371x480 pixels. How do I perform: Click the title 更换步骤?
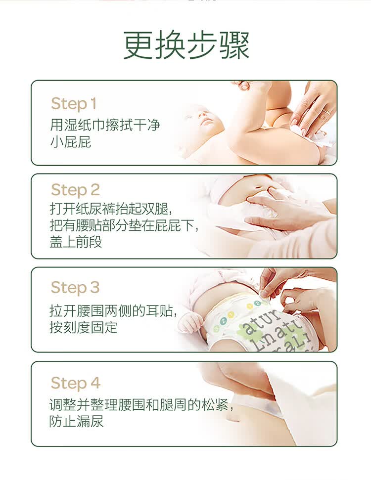click(186, 45)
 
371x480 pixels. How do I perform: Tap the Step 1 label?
click(74, 104)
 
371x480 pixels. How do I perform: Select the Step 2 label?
click(75, 190)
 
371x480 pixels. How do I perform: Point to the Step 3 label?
click(75, 288)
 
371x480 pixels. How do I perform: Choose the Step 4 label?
click(76, 383)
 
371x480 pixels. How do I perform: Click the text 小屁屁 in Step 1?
click(71, 142)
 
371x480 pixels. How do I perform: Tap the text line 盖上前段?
click(76, 242)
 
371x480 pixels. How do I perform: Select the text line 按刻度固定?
click(83, 327)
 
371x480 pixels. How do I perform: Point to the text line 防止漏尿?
click(76, 421)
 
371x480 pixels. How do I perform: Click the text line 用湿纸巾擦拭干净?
click(105, 125)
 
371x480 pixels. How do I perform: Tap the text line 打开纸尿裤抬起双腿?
click(111, 209)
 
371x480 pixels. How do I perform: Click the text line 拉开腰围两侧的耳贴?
click(113, 311)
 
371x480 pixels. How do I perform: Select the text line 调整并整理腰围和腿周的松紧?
click(141, 405)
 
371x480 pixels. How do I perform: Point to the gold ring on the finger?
click(326, 112)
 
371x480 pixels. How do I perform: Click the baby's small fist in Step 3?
click(190, 323)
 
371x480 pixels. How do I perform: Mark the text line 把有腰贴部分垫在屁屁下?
click(124, 225)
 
